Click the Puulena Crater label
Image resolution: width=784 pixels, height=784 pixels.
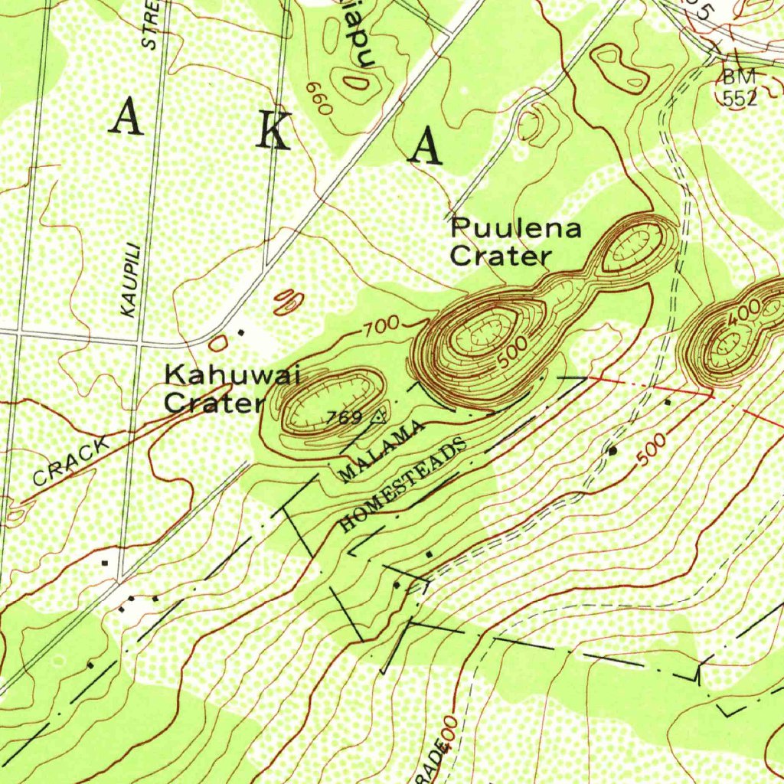pyautogui.click(x=515, y=242)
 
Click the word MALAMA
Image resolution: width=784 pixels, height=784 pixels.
pyautogui.click(x=381, y=452)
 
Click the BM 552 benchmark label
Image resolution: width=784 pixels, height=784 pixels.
pyautogui.click(x=740, y=87)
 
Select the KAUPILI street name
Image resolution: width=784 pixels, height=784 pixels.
pyautogui.click(x=131, y=279)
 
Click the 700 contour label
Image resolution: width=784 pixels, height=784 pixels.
pyautogui.click(x=381, y=328)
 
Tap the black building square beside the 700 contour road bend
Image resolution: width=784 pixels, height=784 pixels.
pyautogui.click(x=242, y=332)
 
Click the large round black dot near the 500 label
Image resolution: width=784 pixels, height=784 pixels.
pyautogui.click(x=612, y=451)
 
